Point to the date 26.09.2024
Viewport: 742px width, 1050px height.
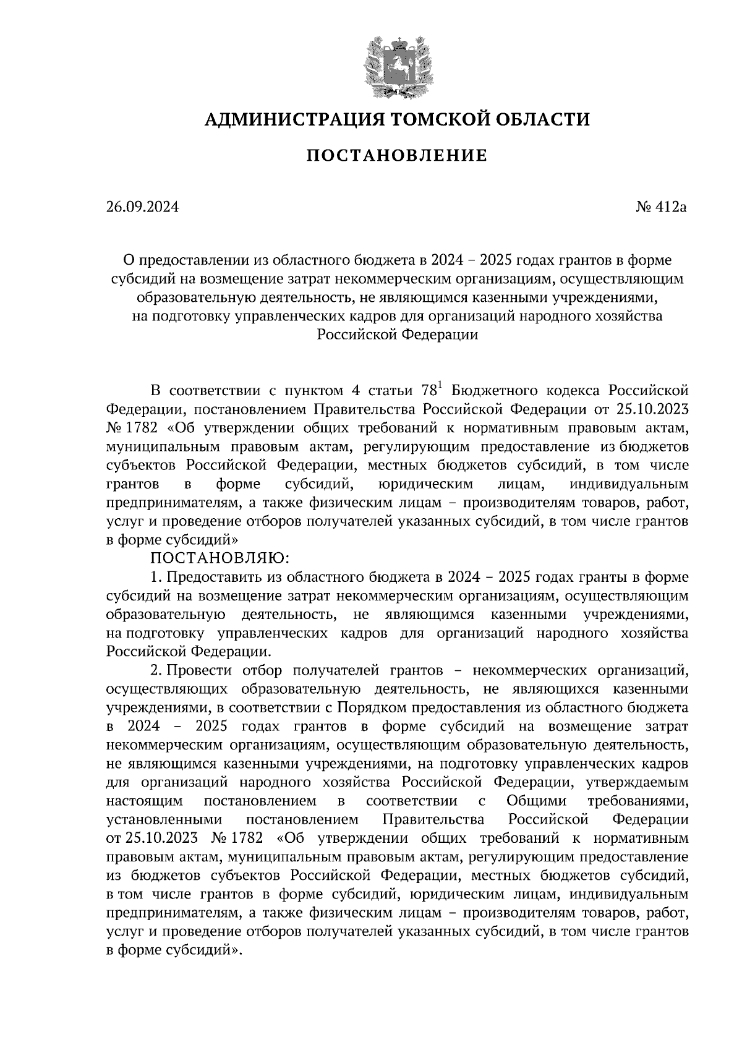pos(142,207)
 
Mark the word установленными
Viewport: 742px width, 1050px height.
pos(164,819)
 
